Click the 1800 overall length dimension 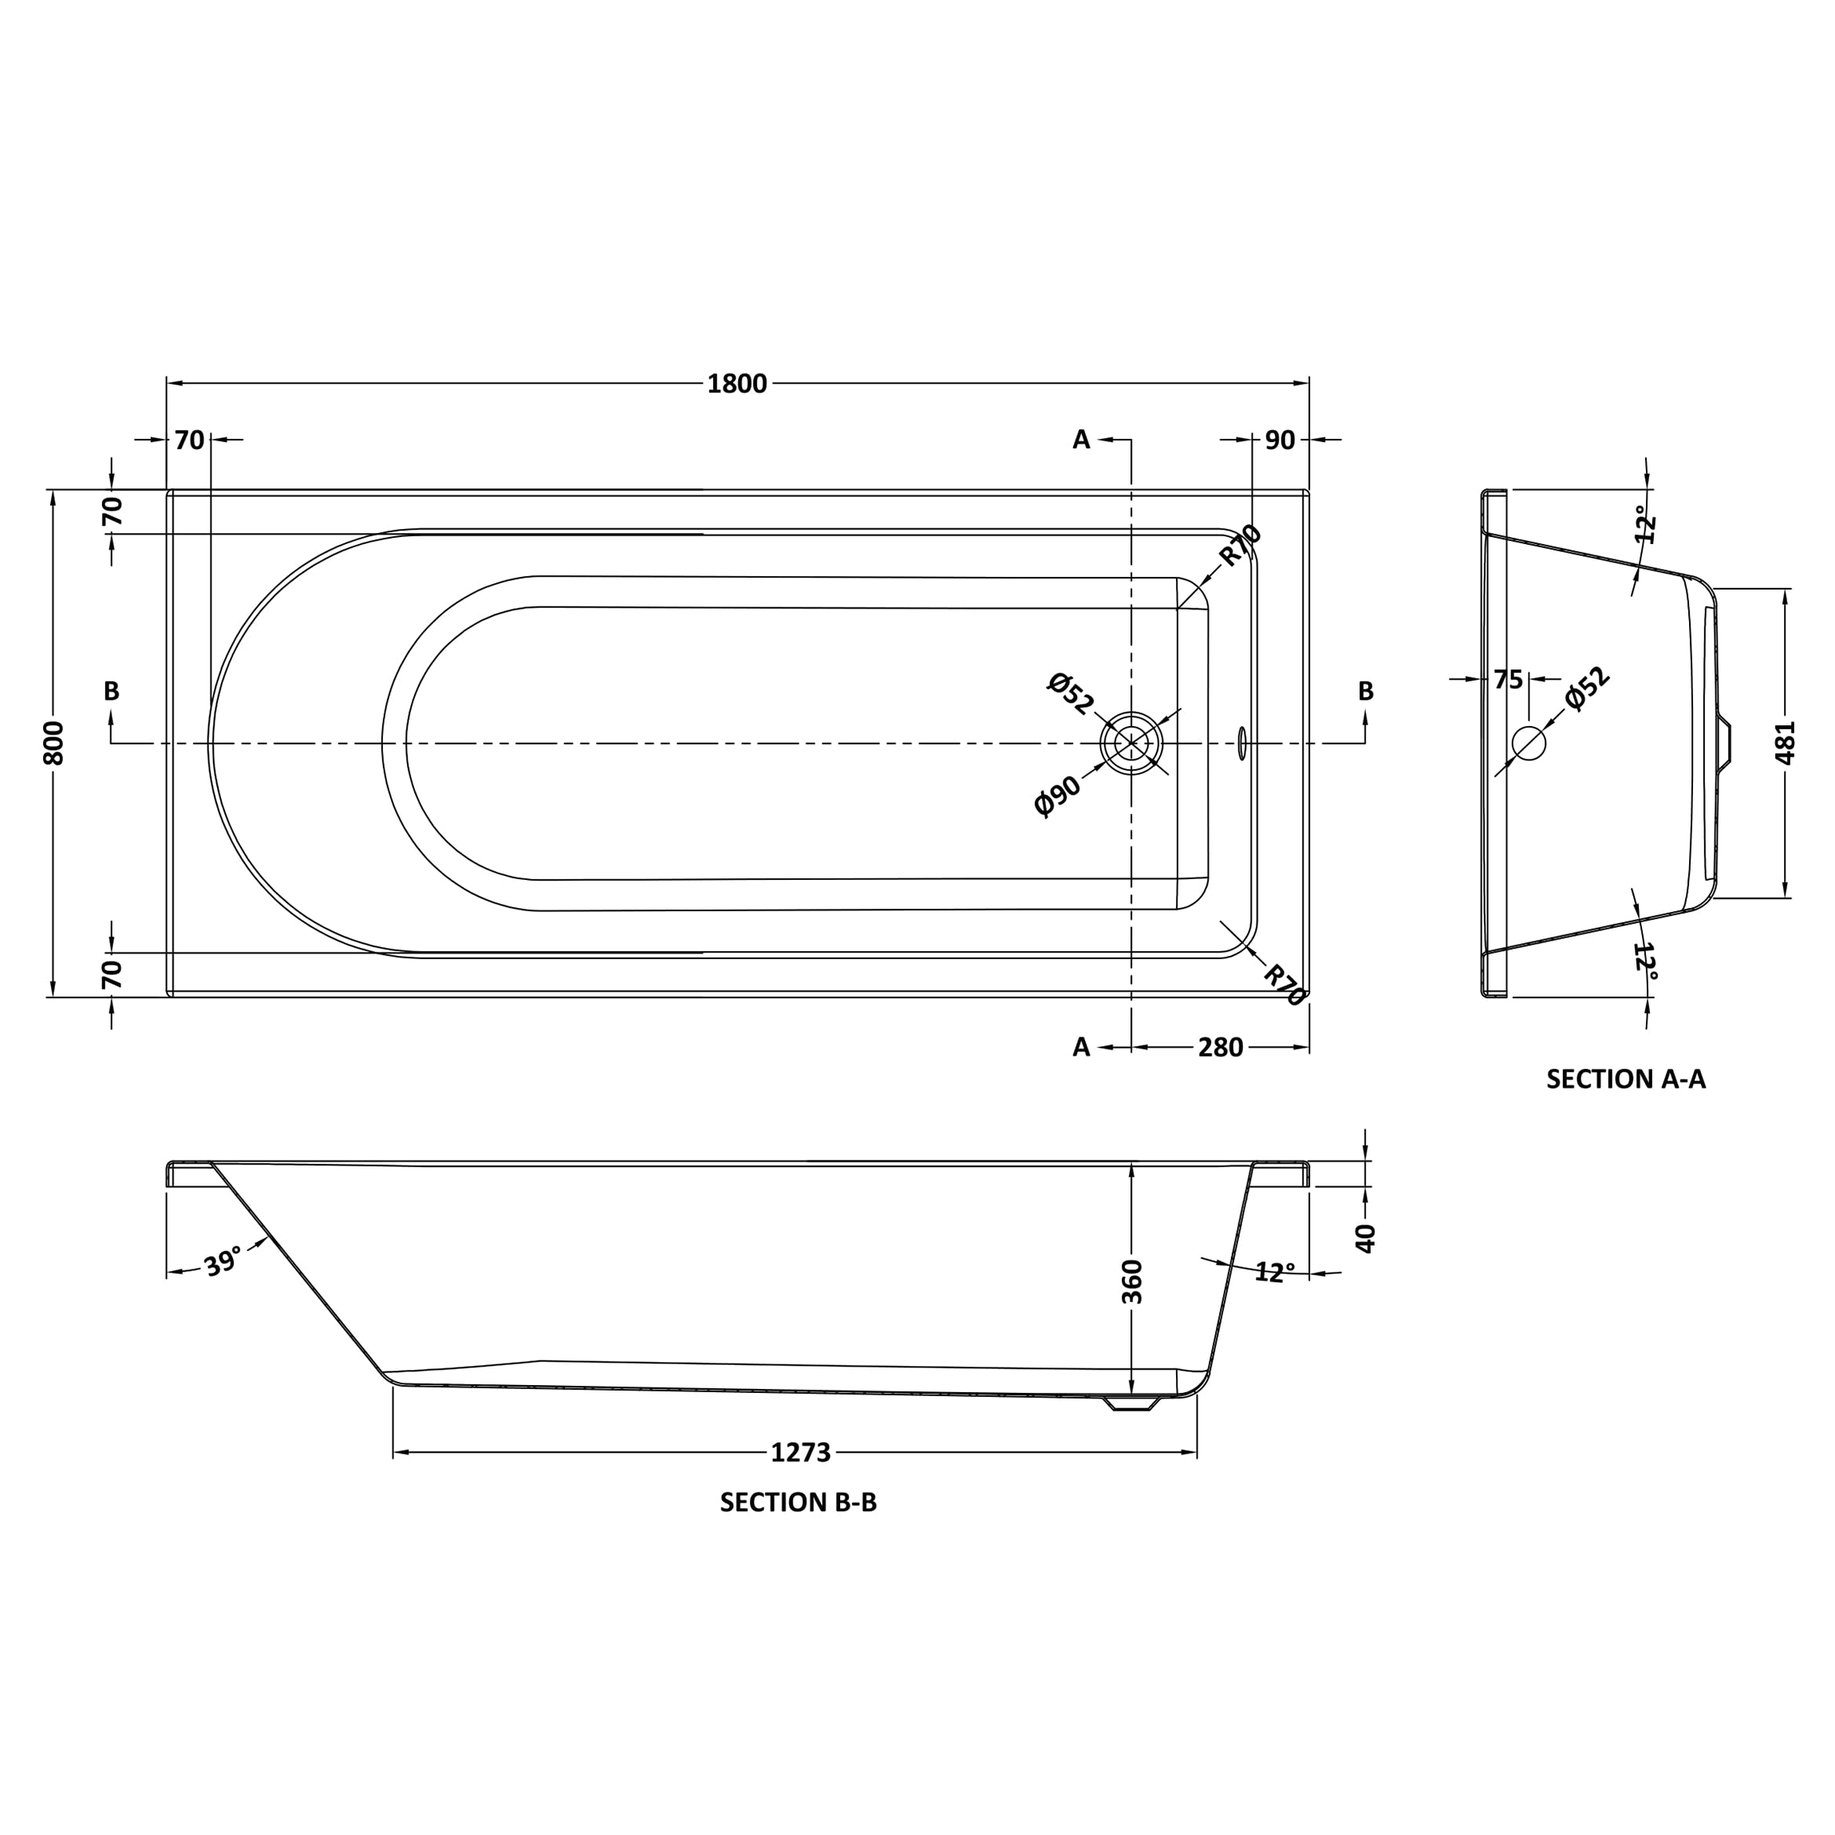(x=736, y=384)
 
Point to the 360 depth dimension (x=1132, y=1281)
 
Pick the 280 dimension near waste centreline (x=1220, y=1047)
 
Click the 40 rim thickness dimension (x=1366, y=1237)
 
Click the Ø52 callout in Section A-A (x=1587, y=689)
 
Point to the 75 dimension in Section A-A (x=1507, y=680)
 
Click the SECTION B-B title (x=798, y=1502)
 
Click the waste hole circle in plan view (x=1131, y=743)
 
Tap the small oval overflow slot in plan (x=1241, y=743)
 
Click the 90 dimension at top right (x=1280, y=440)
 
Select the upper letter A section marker (x=1081, y=440)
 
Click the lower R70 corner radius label (x=1283, y=985)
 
